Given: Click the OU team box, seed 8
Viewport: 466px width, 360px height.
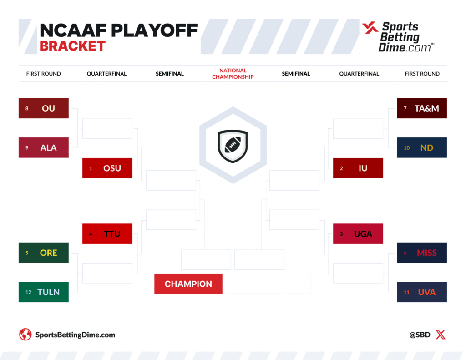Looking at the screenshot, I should (44, 108).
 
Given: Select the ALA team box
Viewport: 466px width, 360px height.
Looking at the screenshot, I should (44, 147).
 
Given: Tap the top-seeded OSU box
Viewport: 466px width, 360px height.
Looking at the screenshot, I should (107, 168).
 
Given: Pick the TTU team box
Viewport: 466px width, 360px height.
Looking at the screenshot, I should (107, 234).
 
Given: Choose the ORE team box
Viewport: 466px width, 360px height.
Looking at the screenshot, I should (44, 253).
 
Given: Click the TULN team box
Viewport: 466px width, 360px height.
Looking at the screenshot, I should (44, 292).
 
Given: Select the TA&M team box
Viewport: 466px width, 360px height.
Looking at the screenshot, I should (422, 108).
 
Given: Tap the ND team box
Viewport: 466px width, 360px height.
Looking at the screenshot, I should (422, 147).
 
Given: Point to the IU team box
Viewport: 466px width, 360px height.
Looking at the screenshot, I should (358, 168).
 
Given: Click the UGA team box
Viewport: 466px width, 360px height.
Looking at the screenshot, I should (358, 234).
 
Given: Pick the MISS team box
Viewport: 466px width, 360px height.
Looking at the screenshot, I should (422, 253).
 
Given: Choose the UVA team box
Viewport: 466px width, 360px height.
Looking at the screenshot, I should (422, 292).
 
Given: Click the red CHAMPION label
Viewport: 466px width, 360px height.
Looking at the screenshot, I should (188, 284).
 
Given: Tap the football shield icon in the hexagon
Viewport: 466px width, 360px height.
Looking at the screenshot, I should (233, 145).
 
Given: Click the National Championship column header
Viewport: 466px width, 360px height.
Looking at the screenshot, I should (233, 74).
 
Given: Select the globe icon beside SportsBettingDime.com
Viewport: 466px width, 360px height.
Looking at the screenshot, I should (25, 335).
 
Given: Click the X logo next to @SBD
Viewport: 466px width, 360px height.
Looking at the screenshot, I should (441, 335).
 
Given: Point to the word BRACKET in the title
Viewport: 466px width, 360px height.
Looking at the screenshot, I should (72, 46).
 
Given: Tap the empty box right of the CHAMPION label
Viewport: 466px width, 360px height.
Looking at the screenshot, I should (267, 284).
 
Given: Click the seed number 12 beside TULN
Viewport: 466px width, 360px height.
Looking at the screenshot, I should (28, 292).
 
